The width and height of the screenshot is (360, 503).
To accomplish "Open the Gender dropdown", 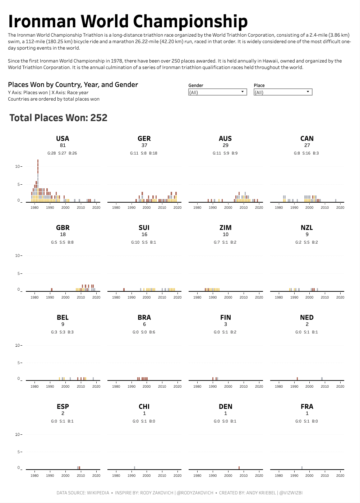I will click(217, 92).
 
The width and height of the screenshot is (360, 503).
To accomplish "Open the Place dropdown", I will click(283, 92).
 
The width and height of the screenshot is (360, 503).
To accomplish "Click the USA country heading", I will click(63, 139).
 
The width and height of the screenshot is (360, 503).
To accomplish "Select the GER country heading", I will click(144, 139).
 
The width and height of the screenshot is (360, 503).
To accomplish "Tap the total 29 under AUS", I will click(225, 146).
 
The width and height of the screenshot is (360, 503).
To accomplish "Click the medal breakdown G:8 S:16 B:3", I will click(306, 153).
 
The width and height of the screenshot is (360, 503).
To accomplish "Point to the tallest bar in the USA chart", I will click(38, 180).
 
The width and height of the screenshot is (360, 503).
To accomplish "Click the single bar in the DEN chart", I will click(239, 468).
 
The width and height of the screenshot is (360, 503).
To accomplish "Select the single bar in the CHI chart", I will click(134, 468).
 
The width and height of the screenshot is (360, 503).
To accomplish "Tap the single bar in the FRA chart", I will click(302, 468).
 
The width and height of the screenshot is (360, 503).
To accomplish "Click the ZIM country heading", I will click(225, 228).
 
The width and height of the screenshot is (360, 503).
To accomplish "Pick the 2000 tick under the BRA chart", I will click(147, 387).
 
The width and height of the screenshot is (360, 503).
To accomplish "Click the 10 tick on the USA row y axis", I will click(18, 166).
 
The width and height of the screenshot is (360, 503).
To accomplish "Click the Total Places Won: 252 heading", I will click(58, 118).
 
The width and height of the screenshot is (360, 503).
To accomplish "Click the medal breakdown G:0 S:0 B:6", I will click(144, 332).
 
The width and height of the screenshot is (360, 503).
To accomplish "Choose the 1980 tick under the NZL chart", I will click(279, 297).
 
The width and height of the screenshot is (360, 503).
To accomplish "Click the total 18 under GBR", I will click(63, 235).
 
